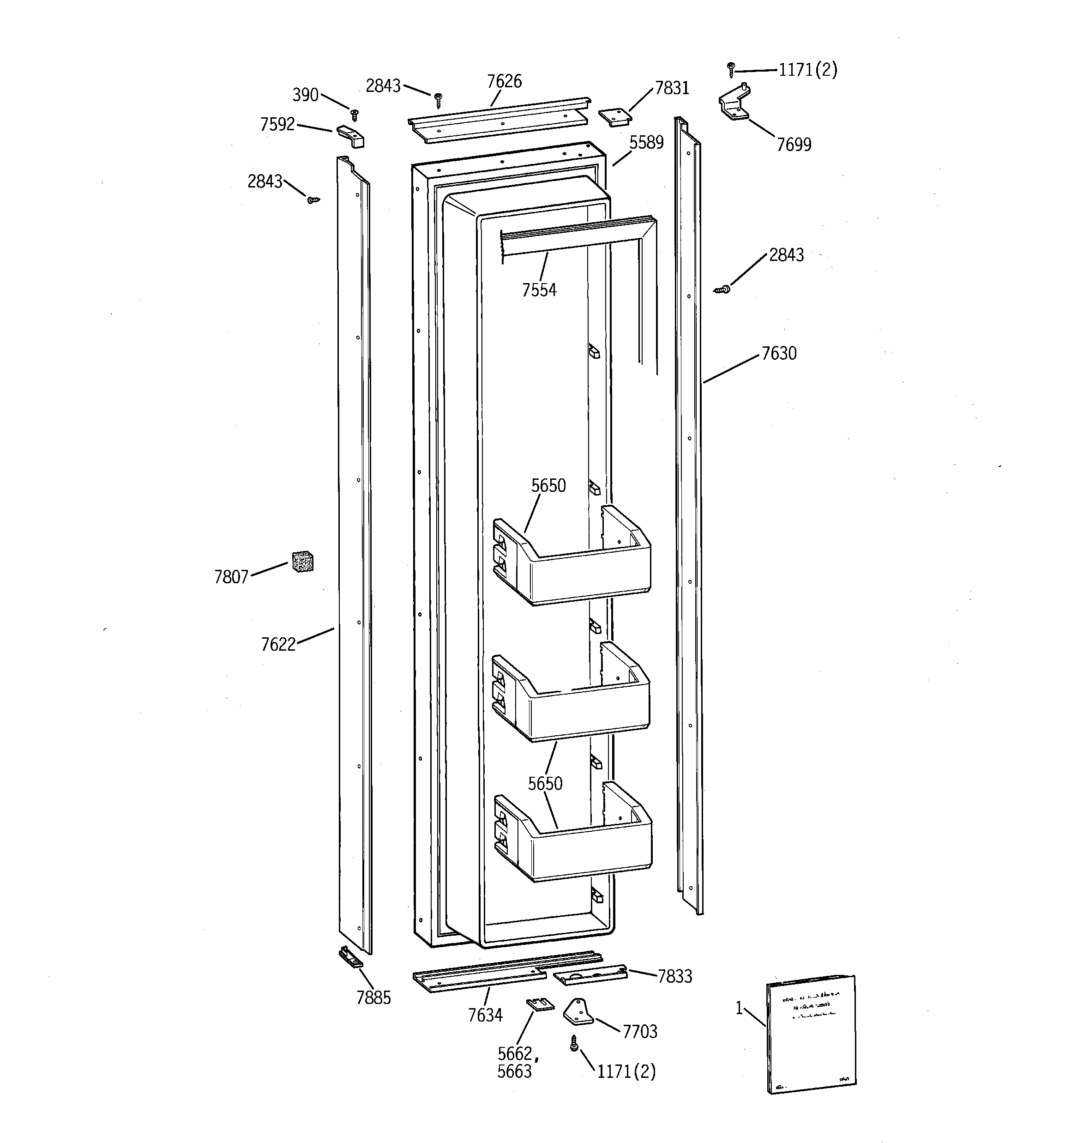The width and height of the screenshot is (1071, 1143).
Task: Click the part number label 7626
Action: pos(504,82)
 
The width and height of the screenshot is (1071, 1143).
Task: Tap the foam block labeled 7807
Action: pos(302,561)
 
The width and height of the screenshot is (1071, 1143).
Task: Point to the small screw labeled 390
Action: pos(355,115)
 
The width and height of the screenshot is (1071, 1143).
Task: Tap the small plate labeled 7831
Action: pos(614,115)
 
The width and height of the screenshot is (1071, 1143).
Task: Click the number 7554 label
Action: pos(539,290)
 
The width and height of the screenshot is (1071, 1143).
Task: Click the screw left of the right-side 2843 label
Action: pos(722,290)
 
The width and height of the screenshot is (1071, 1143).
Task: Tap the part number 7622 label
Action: pos(278,645)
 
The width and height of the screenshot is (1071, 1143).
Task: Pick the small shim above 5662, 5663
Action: pos(540,1004)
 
